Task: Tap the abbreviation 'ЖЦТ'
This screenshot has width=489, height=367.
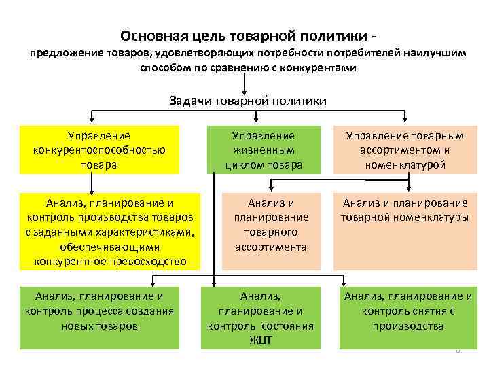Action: click(261, 340)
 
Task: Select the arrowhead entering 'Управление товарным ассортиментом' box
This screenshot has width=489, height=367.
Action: click(405, 122)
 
